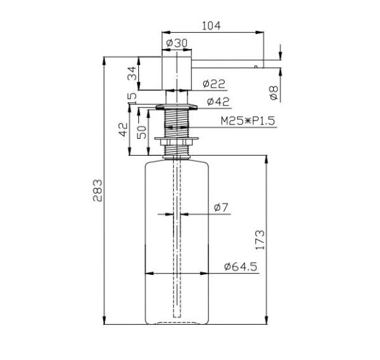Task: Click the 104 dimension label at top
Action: [212, 26]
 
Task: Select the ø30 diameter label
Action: [177, 43]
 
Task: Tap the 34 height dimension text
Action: [132, 73]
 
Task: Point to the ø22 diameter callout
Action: [214, 84]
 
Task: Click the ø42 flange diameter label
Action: [218, 101]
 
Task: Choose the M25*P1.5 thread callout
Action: [248, 121]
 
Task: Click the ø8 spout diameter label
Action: [274, 93]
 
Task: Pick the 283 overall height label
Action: [98, 190]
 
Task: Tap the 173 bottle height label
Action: [260, 240]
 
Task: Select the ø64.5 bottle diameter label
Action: [240, 266]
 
